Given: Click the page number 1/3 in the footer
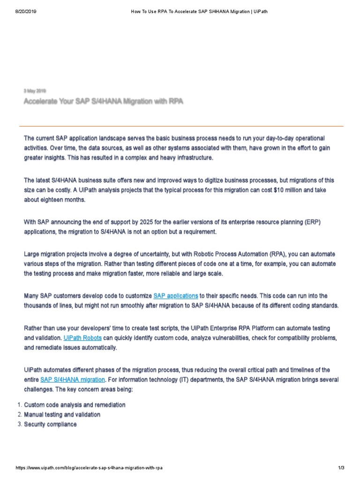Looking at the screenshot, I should click(x=341, y=468).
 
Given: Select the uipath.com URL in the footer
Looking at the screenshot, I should click(x=89, y=468).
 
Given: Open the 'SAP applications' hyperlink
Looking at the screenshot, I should click(x=176, y=296).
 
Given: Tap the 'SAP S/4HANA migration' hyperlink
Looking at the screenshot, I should click(x=73, y=379).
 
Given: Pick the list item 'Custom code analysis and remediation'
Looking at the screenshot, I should click(x=75, y=405).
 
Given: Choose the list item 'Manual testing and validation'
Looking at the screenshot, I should click(x=62, y=414).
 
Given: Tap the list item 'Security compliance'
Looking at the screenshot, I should click(x=51, y=424).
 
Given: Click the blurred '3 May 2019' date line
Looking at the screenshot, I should click(x=35, y=91).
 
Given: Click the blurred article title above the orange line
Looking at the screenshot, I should click(x=103, y=101).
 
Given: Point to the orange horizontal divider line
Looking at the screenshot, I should click(x=181, y=126).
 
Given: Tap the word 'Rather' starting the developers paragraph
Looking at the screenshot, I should click(x=33, y=328).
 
